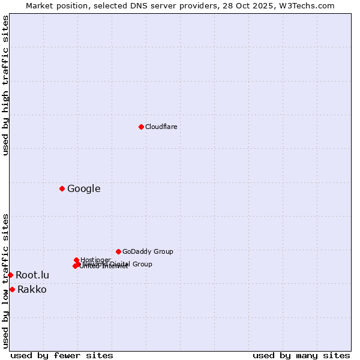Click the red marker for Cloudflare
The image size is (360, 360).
[141, 127]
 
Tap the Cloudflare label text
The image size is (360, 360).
[161, 127]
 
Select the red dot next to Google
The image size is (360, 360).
[62, 188]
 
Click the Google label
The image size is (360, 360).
[83, 188]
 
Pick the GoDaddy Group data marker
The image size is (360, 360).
[118, 251]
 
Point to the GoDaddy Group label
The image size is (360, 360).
[148, 251]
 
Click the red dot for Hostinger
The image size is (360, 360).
[76, 260]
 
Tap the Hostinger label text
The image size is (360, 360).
[96, 260]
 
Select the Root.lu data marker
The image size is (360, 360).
[10, 275]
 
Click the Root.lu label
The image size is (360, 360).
[32, 275]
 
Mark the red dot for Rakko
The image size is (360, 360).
[12, 289]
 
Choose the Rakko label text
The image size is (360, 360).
[32, 290]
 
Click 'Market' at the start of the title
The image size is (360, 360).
[39, 5]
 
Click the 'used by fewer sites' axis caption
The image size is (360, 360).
[62, 355]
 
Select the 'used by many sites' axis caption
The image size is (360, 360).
[301, 355]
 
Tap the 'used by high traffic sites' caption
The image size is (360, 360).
[5, 85]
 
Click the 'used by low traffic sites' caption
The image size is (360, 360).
[5, 281]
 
